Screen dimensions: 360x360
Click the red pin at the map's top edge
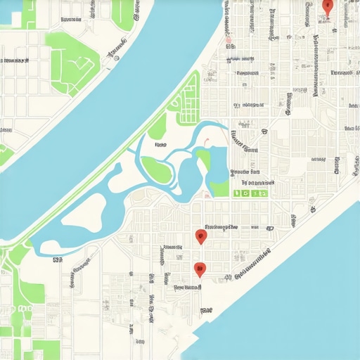[327, 6]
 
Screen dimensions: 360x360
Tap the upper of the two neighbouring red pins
[201, 236]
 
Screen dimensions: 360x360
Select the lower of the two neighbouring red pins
[200, 269]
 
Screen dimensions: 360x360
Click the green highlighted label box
[251, 192]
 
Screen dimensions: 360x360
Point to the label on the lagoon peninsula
[161, 145]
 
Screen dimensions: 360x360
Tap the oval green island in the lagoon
[155, 169]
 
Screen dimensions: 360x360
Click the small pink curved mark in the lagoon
[207, 143]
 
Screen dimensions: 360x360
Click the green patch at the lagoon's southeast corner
[220, 188]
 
